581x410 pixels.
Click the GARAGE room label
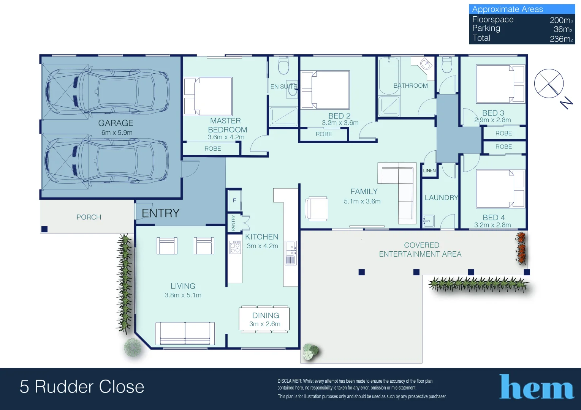click(x=116, y=123)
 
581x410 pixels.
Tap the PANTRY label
click(x=233, y=222)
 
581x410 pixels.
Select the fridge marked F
click(x=234, y=200)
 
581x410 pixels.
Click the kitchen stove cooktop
click(x=235, y=247)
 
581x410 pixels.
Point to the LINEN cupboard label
click(x=429, y=170)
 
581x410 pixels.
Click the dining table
click(x=264, y=319)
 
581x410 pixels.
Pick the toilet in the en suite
click(x=283, y=65)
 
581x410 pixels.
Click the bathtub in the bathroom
click(x=389, y=76)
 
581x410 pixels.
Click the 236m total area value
click(x=561, y=39)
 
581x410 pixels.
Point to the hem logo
click(x=536, y=386)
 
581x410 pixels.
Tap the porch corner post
click(x=44, y=229)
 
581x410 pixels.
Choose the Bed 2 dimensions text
click(x=340, y=123)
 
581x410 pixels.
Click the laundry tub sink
click(x=429, y=221)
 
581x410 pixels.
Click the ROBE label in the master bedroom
click(x=213, y=148)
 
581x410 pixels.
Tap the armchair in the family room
click(x=317, y=209)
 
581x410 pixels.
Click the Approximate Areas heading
click(x=507, y=9)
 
